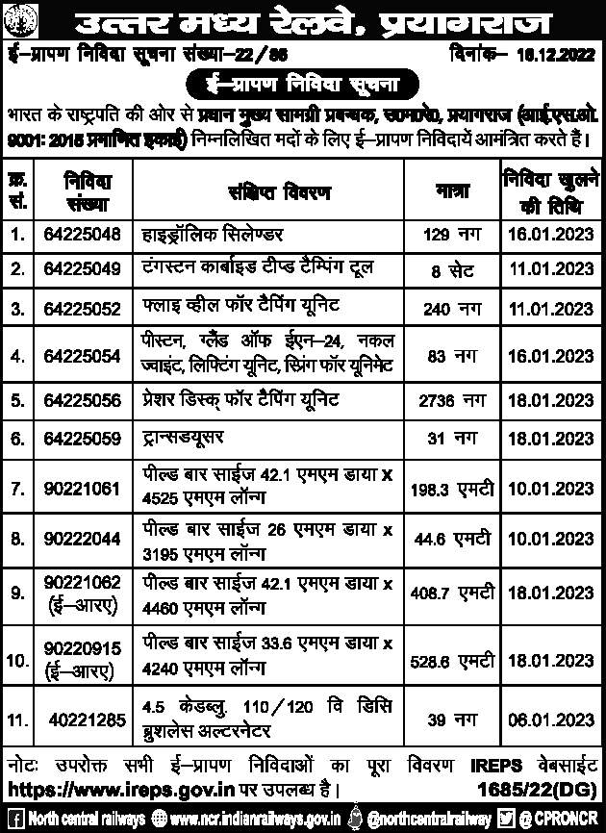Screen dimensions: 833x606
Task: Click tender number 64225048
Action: (82, 234)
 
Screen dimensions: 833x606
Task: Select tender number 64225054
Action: (82, 356)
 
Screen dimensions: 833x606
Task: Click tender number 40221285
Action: (84, 719)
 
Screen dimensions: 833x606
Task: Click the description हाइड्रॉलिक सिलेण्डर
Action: (215, 234)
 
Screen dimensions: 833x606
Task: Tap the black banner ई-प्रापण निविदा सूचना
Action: (302, 86)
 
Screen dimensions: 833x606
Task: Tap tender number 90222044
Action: (82, 535)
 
